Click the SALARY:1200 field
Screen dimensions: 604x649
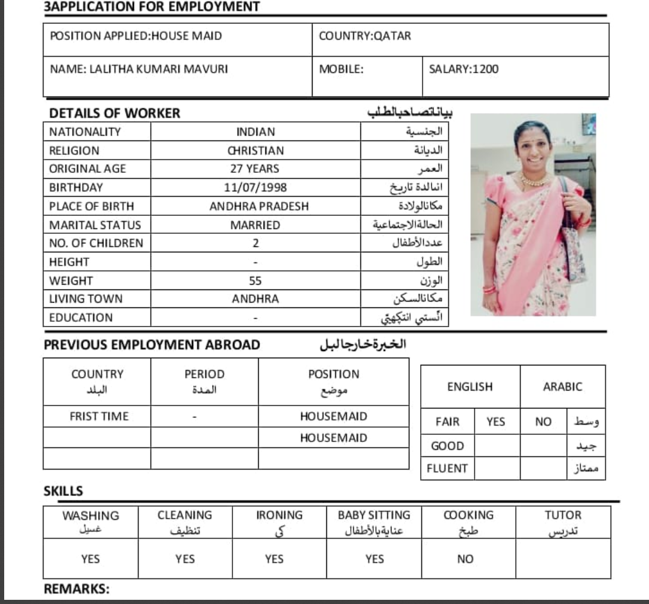(x=464, y=69)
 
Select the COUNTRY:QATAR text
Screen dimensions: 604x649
(x=365, y=36)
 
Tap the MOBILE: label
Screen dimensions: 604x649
(x=341, y=69)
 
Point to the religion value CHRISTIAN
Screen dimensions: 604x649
(x=255, y=151)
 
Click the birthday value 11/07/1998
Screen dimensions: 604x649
(x=255, y=188)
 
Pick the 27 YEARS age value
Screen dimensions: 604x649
(x=255, y=169)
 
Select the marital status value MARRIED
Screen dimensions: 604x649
(x=255, y=225)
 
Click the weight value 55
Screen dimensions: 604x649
(x=255, y=280)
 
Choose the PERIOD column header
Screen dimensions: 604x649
(x=204, y=374)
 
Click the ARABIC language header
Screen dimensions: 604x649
(x=562, y=387)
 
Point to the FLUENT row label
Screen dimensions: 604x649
(x=447, y=468)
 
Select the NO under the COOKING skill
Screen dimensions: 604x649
(x=465, y=559)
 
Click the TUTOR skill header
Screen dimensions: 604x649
(x=563, y=515)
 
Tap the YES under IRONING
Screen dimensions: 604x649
(x=274, y=559)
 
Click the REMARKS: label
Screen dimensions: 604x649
(x=76, y=590)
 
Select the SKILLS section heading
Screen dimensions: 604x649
(x=63, y=492)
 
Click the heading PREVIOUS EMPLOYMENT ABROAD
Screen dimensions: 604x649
(x=152, y=345)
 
